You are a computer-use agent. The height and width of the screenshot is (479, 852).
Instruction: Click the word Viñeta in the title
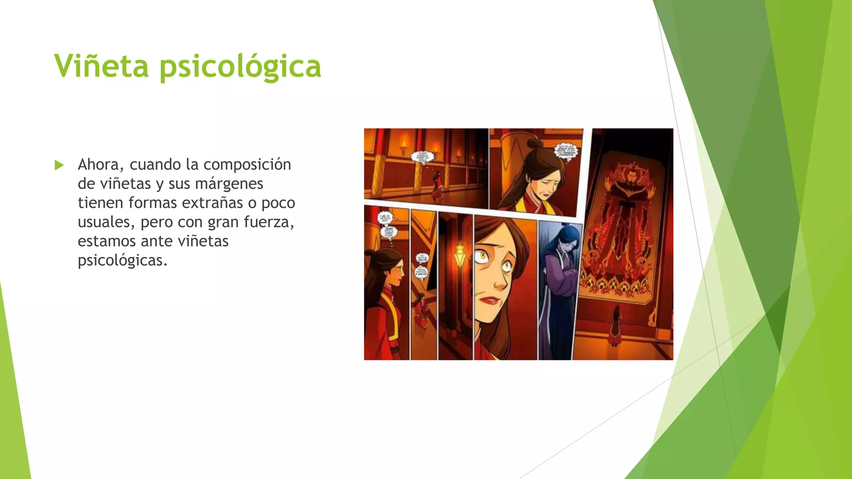click(x=101, y=66)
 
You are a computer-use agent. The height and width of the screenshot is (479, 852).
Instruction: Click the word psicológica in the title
click(x=240, y=67)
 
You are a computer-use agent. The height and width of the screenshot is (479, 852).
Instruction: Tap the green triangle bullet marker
click(x=59, y=165)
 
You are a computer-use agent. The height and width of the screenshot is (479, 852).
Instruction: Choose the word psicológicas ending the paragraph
click(x=122, y=260)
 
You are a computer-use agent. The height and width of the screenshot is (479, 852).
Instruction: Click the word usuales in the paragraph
click(x=104, y=222)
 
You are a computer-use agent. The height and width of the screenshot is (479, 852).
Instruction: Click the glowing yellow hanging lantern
click(x=460, y=254)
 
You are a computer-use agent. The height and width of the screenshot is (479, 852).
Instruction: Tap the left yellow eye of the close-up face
click(x=483, y=254)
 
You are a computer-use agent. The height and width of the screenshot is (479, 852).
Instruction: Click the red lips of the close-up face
click(x=490, y=300)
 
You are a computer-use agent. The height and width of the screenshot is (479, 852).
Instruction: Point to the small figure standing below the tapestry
click(x=615, y=326)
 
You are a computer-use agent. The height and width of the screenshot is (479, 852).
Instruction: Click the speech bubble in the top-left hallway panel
click(x=422, y=157)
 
